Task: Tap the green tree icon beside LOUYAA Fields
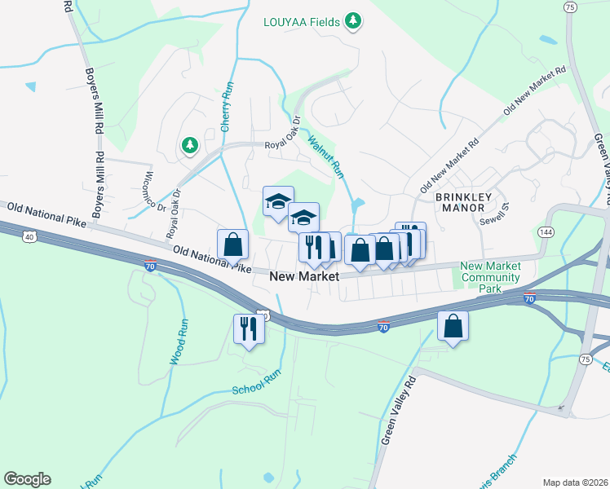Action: pyautogui.click(x=352, y=20)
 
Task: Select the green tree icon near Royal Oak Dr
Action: pyautogui.click(x=190, y=145)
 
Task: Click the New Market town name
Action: pyautogui.click(x=304, y=277)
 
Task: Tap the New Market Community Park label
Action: pyautogui.click(x=490, y=277)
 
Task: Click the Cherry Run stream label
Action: pyautogui.click(x=228, y=107)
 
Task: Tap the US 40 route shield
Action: pyautogui.click(x=29, y=236)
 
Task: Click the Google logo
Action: pyautogui.click(x=27, y=478)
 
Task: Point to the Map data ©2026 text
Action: pyautogui.click(x=574, y=482)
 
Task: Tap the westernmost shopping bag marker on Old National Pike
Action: pyautogui.click(x=232, y=244)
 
